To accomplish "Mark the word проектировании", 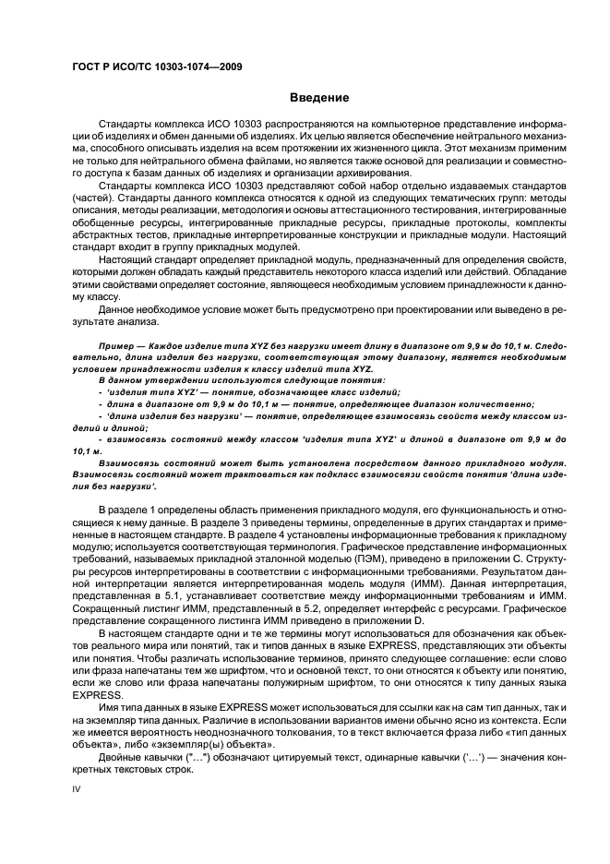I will point(416,308).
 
